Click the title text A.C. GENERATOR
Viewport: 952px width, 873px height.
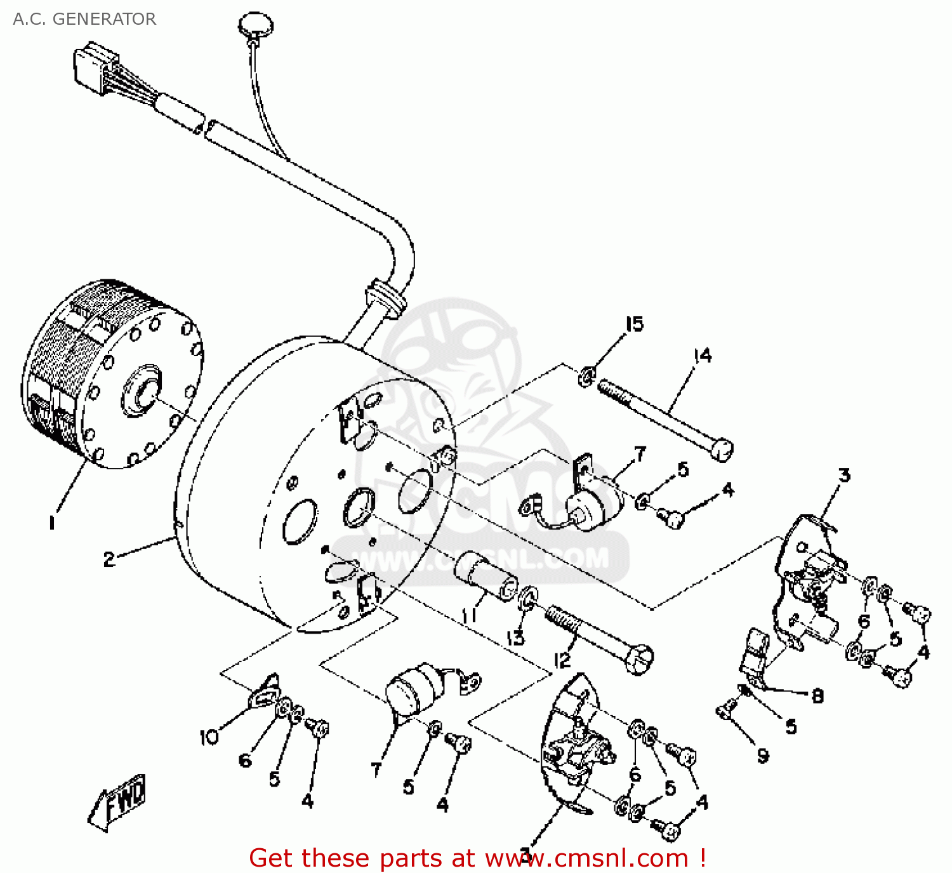pyautogui.click(x=84, y=19)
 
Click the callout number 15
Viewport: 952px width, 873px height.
pyautogui.click(x=634, y=324)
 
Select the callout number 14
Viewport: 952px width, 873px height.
pyautogui.click(x=702, y=356)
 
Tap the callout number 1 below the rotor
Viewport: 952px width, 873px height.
pyautogui.click(x=52, y=523)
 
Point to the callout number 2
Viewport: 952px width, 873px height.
pyautogui.click(x=109, y=559)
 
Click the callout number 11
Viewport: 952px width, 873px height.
pyautogui.click(x=469, y=615)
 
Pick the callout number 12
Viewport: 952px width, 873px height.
pyautogui.click(x=562, y=660)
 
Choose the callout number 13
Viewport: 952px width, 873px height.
pyautogui.click(x=515, y=637)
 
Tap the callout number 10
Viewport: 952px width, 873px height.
pyautogui.click(x=209, y=737)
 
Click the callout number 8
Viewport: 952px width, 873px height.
pyautogui.click(x=817, y=696)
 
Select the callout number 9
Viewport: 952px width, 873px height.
pyautogui.click(x=763, y=756)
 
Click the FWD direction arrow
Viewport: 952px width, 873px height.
pyautogui.click(x=119, y=801)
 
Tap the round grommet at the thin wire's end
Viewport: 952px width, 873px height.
pyautogui.click(x=256, y=25)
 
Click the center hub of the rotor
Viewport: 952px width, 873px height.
pyautogui.click(x=141, y=390)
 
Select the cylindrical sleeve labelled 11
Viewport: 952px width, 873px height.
pyautogui.click(x=486, y=575)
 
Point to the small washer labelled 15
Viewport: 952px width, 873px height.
pyautogui.click(x=586, y=376)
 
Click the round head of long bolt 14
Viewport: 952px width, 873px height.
pyautogui.click(x=722, y=449)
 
